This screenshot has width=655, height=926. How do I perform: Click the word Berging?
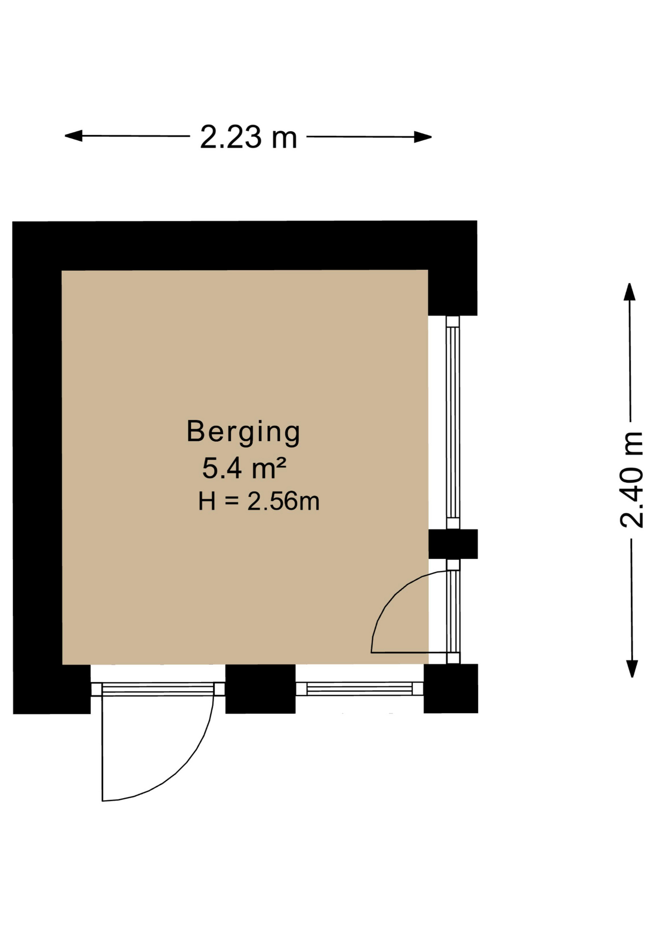(x=243, y=431)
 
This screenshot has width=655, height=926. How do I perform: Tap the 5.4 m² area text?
(x=244, y=468)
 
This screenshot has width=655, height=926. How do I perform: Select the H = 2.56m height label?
(x=259, y=501)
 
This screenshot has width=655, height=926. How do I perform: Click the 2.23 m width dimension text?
(x=248, y=137)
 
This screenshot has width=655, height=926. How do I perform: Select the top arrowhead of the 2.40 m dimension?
(x=629, y=292)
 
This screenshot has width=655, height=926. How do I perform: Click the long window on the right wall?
(x=453, y=422)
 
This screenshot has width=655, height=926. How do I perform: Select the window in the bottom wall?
(x=359, y=689)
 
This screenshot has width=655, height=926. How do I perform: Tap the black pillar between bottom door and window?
(x=260, y=689)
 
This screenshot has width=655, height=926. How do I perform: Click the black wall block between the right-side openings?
(x=453, y=544)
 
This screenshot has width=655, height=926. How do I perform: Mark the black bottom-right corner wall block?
(x=451, y=688)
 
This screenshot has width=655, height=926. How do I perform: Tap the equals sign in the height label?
(x=232, y=502)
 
